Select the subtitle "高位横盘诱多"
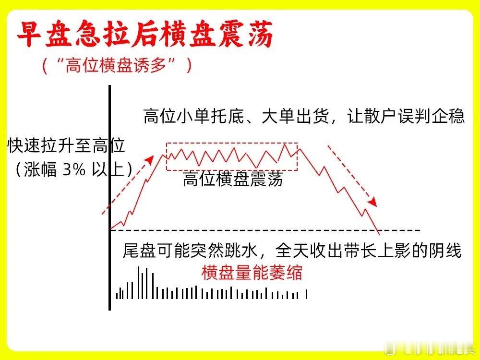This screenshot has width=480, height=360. tap(116, 65)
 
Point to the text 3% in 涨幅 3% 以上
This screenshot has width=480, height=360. tap(74, 169)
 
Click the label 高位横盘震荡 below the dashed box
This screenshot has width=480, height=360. tap(233, 180)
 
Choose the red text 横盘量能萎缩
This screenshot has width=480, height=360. tap(252, 273)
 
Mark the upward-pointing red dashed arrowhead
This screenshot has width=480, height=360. tap(150, 159)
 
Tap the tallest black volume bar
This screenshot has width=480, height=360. tap(139, 283)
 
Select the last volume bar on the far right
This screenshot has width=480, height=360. tap(306, 294)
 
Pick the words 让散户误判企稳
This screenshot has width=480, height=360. tap(406, 116)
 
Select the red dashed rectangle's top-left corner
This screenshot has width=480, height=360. tap(167, 143)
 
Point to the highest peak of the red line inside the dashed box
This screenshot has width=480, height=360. tap(285, 144)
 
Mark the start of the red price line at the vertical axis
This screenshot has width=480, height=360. tap(111, 229)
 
